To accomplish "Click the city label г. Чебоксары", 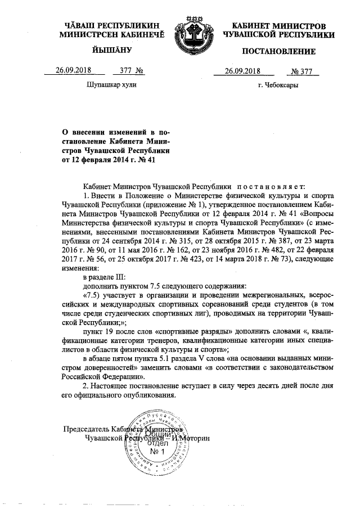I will (x=277, y=86).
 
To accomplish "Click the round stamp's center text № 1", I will (x=157, y=451).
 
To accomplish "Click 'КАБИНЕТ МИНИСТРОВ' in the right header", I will (x=278, y=26).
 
